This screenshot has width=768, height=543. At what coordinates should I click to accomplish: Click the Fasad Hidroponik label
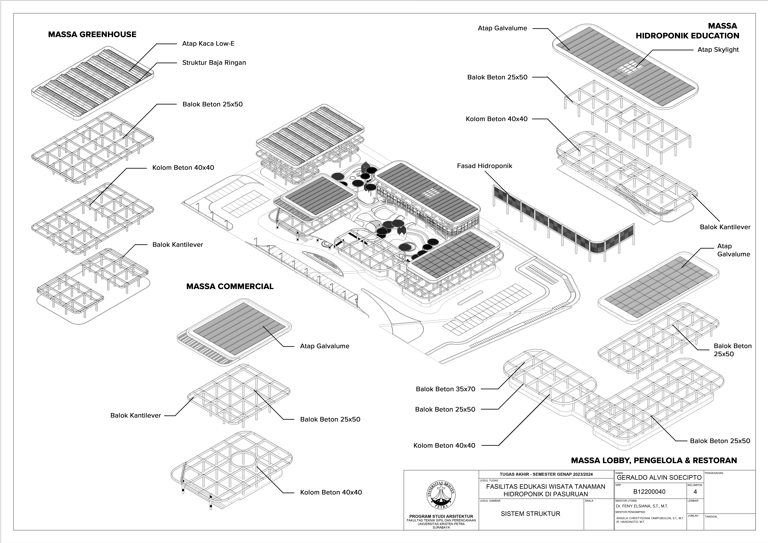tap(484, 166)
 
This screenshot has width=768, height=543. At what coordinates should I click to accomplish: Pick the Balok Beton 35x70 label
tap(445, 389)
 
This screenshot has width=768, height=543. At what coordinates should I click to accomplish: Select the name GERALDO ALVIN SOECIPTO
tap(659, 477)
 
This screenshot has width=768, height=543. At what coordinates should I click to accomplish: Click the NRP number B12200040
tap(649, 491)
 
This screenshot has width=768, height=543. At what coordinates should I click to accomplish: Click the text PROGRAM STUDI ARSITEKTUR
tap(441, 516)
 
